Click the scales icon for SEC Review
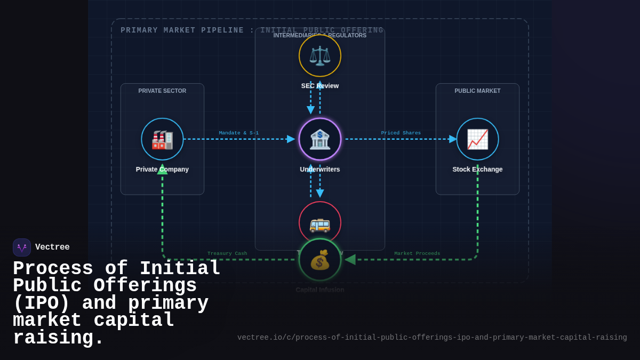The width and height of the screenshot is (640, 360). pyautogui.click(x=320, y=55)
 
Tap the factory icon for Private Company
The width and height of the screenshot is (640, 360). pyautogui.click(x=162, y=139)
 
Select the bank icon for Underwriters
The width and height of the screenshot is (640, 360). pyautogui.click(x=320, y=139)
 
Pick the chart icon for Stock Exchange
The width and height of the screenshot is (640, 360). pyautogui.click(x=477, y=139)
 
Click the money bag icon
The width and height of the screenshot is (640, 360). pyautogui.click(x=320, y=260)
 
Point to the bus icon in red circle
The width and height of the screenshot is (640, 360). pyautogui.click(x=320, y=223)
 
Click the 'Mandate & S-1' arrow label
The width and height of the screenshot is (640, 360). pyautogui.click(x=238, y=133)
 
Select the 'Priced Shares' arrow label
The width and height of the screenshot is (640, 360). pyautogui.click(x=401, y=133)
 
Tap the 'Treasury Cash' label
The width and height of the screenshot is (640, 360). pyautogui.click(x=227, y=253)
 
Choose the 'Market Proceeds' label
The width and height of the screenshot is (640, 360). pyautogui.click(x=417, y=253)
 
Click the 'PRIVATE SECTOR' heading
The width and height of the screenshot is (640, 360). pyautogui.click(x=162, y=91)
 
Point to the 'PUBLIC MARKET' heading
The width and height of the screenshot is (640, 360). pyautogui.click(x=477, y=91)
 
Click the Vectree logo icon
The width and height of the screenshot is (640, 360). pyautogui.click(x=22, y=247)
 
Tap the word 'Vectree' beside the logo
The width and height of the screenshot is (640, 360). pyautogui.click(x=52, y=247)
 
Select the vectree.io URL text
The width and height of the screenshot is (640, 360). pyautogui.click(x=432, y=338)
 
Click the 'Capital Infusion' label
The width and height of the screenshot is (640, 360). pyautogui.click(x=320, y=290)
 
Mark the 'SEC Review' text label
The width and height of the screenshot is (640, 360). pyautogui.click(x=320, y=86)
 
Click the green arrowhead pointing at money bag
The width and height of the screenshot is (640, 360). pyautogui.click(x=350, y=260)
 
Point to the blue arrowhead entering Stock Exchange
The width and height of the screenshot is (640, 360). pyautogui.click(x=453, y=139)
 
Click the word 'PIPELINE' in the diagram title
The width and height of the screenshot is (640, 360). pyautogui.click(x=222, y=30)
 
